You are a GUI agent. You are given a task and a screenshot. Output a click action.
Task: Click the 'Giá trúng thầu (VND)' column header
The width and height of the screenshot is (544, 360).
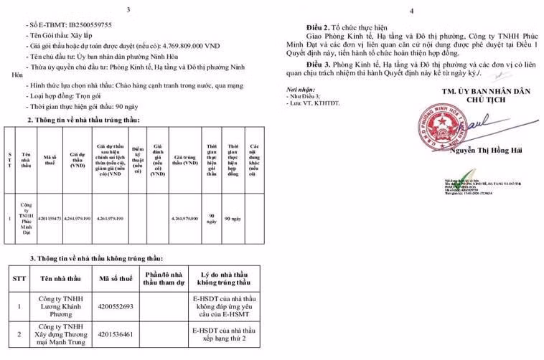click(x=184, y=162)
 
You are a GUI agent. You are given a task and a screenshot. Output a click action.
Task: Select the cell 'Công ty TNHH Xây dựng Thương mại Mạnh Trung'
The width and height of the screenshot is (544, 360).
click(x=54, y=334)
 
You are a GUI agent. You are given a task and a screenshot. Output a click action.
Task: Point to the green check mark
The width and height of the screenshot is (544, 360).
click(x=465, y=174)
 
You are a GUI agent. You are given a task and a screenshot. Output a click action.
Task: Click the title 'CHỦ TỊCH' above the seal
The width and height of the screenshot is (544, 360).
click(x=484, y=100)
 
